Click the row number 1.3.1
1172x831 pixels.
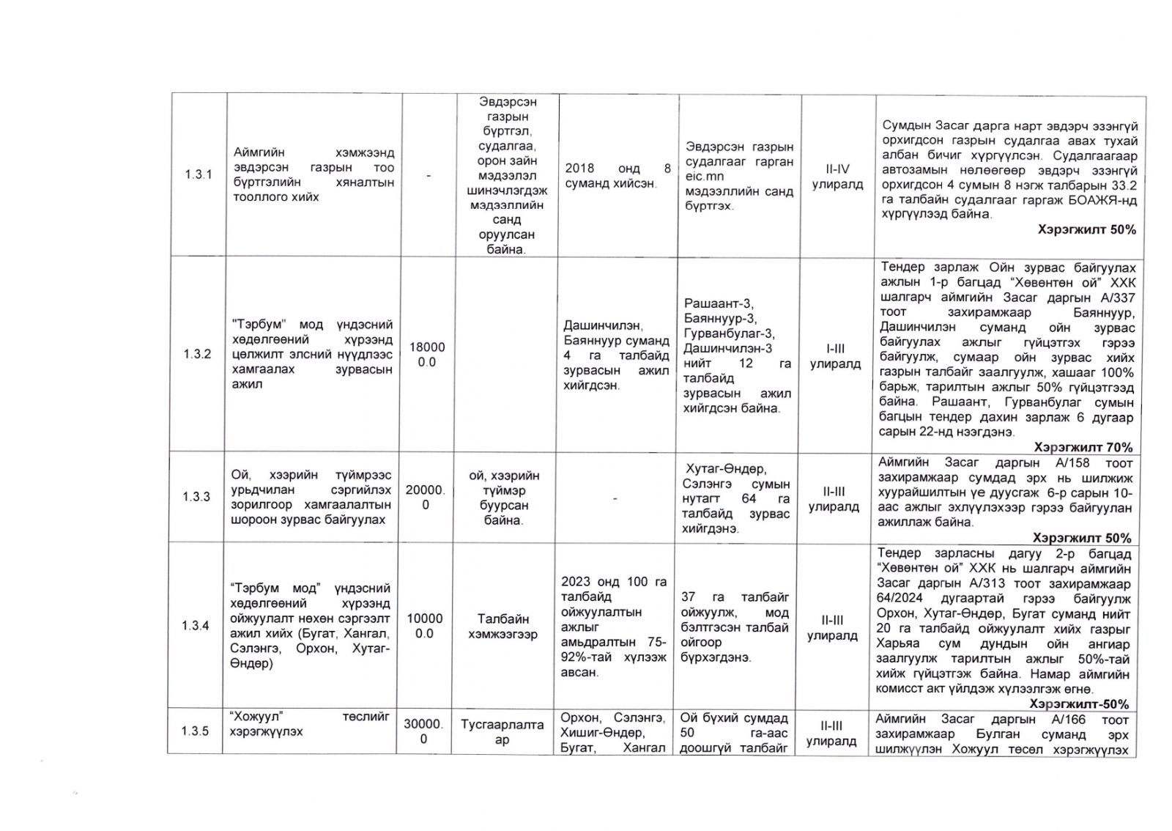198,175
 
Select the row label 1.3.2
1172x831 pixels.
198,354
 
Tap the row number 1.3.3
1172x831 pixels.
196,497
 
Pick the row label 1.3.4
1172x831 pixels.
196,625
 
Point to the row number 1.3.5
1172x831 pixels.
196,731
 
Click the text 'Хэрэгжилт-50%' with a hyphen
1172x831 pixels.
1079,704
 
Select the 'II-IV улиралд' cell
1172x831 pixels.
837,177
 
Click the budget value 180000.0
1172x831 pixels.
426,354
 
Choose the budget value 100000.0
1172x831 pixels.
425,626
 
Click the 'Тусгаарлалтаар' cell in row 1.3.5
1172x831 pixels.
502,732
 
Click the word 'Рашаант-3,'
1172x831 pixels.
719,303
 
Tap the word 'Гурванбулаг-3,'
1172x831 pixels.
727,333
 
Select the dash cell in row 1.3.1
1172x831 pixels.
429,176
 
